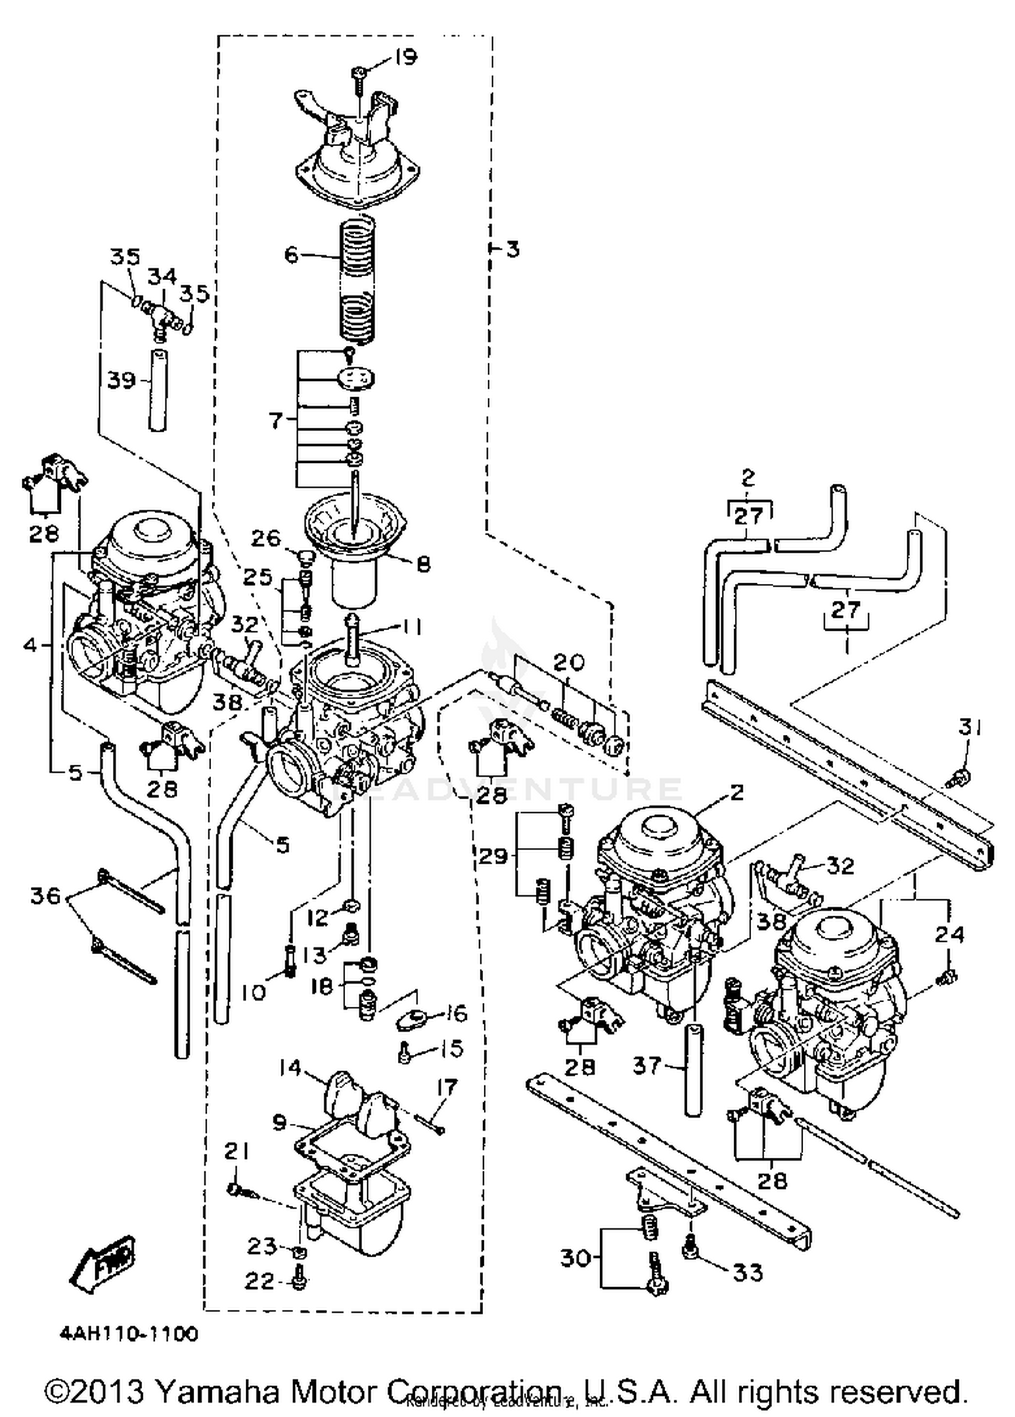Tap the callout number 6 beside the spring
291,255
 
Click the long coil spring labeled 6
356,281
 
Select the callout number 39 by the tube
122,380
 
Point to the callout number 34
162,276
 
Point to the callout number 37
646,1066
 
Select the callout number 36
45,897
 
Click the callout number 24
949,935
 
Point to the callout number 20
568,662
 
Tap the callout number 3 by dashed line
512,249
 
